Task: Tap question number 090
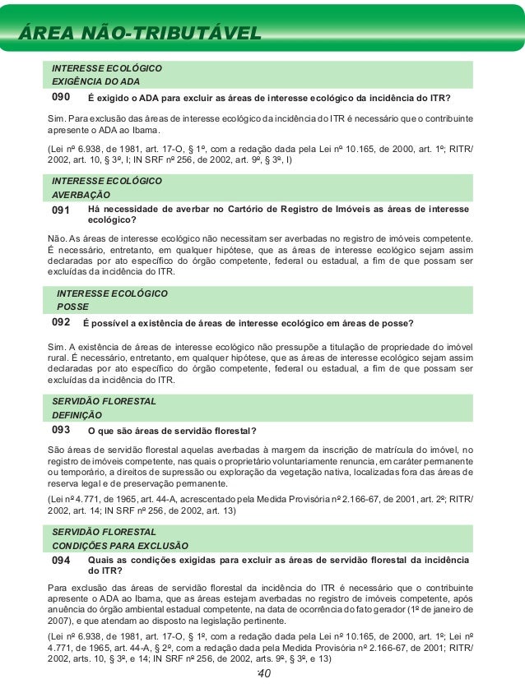click(x=62, y=98)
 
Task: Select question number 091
click(x=62, y=210)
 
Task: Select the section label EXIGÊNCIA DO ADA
click(x=96, y=82)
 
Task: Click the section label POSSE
click(x=72, y=307)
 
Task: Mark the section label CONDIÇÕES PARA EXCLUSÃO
click(x=120, y=545)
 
